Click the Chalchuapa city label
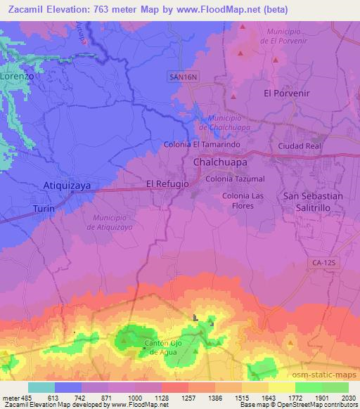pyautogui.click(x=220, y=162)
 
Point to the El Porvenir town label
pyautogui.click(x=286, y=93)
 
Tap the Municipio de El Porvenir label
pyautogui.click(x=290, y=37)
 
